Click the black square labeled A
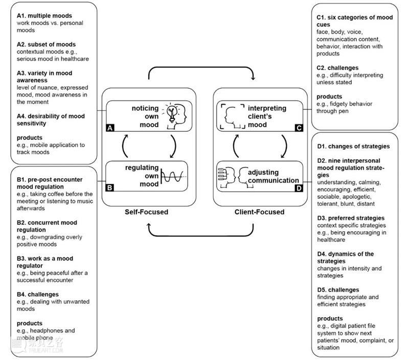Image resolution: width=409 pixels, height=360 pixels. [x=109, y=129]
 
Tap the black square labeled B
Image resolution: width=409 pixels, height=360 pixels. [x=109, y=187]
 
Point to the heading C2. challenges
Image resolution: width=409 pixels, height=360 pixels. [x=337, y=68]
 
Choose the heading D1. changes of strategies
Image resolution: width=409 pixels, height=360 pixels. [x=353, y=147]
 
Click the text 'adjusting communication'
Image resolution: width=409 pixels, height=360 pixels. [x=273, y=176]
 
